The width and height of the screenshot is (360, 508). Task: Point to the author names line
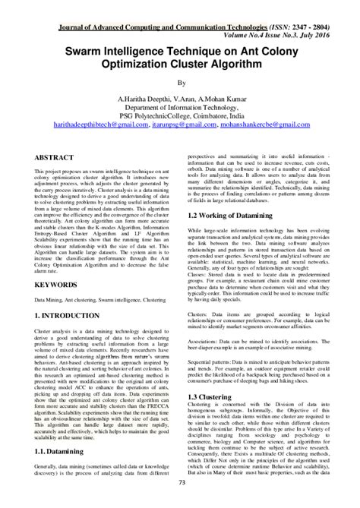tap(180, 99)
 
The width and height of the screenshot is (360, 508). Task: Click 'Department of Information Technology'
tap(180, 109)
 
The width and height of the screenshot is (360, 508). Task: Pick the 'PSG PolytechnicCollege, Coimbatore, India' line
tap(180, 118)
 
